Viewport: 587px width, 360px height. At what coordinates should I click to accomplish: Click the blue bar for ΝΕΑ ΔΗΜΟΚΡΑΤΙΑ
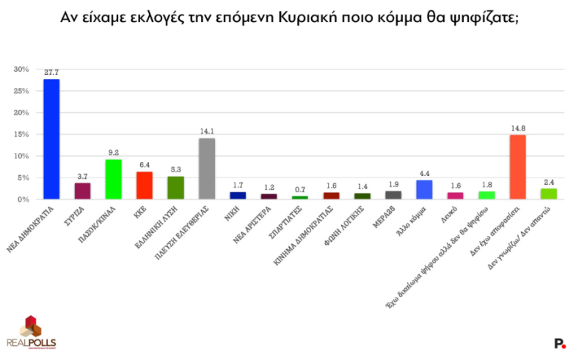coord(51,139)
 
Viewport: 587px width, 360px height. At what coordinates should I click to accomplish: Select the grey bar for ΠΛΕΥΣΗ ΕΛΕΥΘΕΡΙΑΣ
coord(207,169)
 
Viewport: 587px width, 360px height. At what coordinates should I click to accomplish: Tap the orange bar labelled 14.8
coord(517,167)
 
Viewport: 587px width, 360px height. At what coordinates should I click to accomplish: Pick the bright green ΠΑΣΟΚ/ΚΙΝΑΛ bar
coord(114,180)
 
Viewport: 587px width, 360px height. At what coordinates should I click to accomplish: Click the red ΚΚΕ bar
coord(145,185)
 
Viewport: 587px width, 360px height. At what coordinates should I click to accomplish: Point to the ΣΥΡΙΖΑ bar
coord(82,191)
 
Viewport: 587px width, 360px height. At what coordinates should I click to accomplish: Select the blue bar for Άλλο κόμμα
coord(424,190)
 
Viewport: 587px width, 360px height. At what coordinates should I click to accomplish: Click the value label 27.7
coord(51,73)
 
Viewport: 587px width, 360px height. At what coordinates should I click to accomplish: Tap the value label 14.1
coord(207,131)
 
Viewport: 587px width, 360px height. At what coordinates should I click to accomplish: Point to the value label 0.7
coord(299,189)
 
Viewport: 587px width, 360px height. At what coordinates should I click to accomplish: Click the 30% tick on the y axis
coord(21,70)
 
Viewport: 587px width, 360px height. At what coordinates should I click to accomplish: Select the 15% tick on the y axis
coord(21,135)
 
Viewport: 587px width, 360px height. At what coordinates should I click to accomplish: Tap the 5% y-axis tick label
coord(23,178)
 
